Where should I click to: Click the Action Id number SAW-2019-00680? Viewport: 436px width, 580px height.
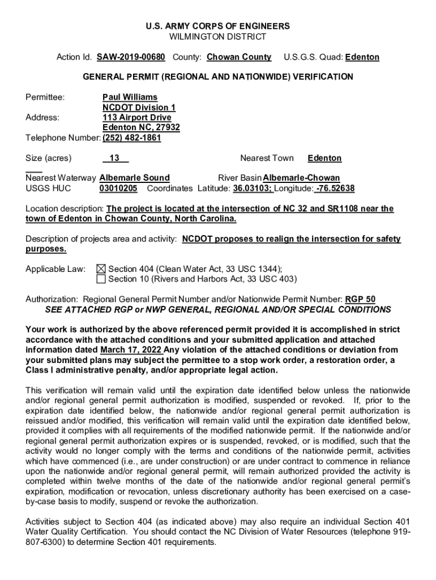point(131,57)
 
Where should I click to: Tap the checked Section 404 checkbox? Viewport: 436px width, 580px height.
point(101,269)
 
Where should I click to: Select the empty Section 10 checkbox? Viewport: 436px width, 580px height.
point(101,279)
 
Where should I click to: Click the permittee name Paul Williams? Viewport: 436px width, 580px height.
point(130,97)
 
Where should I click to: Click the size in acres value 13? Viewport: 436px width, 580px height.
point(114,158)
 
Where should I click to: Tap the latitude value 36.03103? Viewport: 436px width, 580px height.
point(254,188)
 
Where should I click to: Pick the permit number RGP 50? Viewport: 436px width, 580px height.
point(360,299)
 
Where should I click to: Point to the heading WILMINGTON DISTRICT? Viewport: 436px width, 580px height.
point(218,37)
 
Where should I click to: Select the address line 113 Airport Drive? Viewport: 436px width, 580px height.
point(136,117)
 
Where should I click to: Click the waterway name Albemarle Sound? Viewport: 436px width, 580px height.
point(134,178)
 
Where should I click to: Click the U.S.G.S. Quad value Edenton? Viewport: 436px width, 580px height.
point(362,57)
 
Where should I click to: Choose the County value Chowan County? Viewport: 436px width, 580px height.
point(239,57)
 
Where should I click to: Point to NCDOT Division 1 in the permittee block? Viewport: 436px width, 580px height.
point(139,108)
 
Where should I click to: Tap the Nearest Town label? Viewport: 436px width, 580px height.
point(267,158)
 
